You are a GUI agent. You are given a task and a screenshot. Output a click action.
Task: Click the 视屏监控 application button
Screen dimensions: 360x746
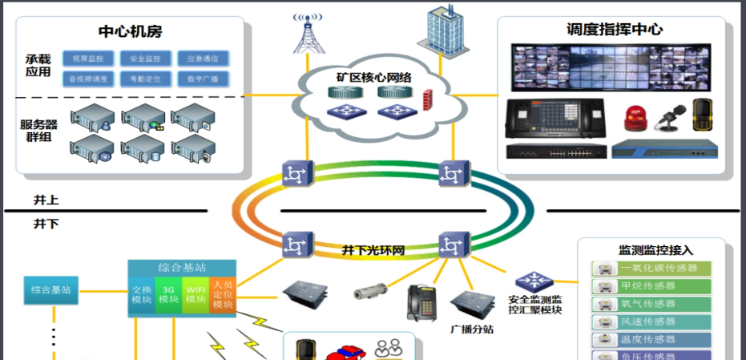coord(88,59)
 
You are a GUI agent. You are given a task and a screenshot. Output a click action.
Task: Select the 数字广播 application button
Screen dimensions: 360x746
coord(203,79)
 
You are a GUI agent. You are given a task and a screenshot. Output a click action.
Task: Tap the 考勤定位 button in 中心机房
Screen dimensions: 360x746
coord(146,79)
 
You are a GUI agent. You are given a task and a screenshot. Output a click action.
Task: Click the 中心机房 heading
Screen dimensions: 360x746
coord(131,31)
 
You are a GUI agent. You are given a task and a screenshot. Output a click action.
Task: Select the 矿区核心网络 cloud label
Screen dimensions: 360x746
coord(374,78)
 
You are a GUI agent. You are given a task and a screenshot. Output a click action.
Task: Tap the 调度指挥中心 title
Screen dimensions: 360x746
coord(615,30)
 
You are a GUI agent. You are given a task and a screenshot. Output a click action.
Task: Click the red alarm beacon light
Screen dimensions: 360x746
coord(635,118)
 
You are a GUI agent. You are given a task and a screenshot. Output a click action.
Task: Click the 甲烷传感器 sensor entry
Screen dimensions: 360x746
coord(651,286)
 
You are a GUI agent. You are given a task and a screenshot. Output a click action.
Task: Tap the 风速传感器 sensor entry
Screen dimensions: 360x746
coord(651,322)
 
